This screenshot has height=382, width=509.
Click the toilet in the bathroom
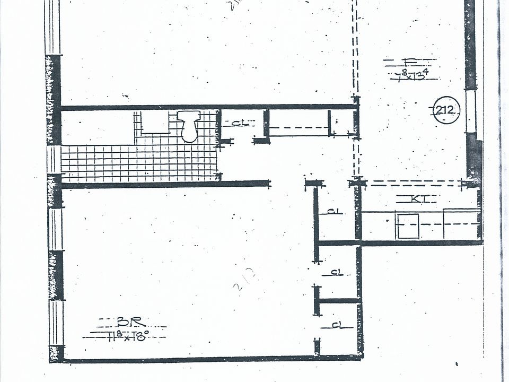click(189, 127)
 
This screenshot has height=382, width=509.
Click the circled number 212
click(446, 111)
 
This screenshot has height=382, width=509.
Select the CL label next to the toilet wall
click(240, 123)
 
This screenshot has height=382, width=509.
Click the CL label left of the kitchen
click(333, 211)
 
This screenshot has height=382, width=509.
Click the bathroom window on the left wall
click(54, 159)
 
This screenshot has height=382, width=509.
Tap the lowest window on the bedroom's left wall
click(56, 324)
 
